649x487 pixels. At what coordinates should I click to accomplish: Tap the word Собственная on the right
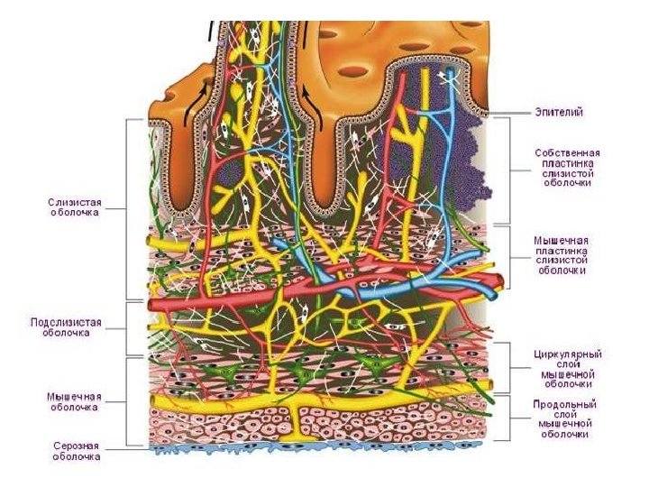pos(567,153)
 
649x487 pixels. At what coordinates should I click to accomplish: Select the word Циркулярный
pos(567,354)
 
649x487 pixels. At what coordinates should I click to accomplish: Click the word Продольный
pos(566,405)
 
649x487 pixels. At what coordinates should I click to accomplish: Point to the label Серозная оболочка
pos(74,450)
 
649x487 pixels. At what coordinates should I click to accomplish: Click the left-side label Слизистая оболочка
pos(74,207)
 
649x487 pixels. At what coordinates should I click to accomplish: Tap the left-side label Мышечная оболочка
pos(74,400)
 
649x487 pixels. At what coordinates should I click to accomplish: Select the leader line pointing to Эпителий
pos(514,113)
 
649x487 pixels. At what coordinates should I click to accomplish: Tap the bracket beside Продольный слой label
pos(509,418)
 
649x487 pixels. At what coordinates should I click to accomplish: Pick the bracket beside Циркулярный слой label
pos(509,367)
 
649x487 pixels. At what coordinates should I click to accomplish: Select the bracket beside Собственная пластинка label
pos(510,170)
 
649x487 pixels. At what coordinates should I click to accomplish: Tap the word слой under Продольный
pos(566,415)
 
